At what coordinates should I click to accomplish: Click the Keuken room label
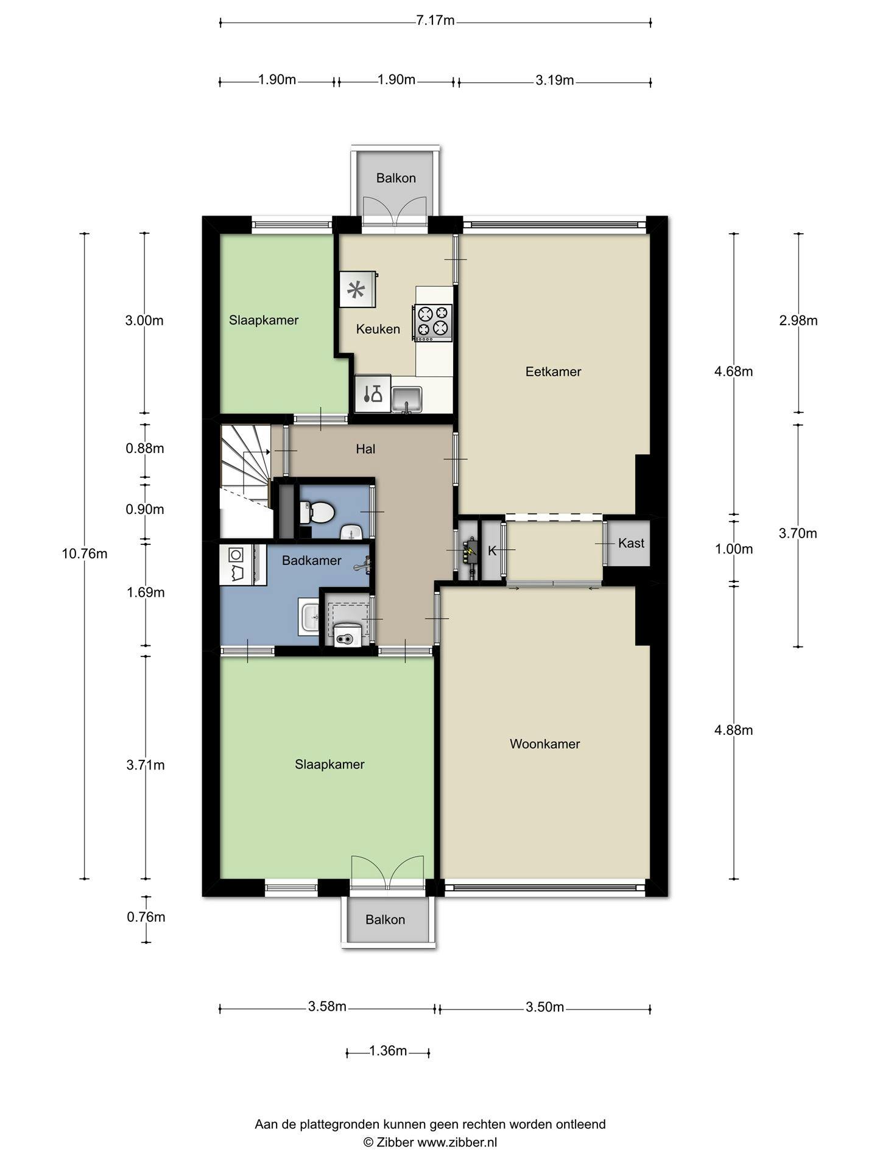(378, 329)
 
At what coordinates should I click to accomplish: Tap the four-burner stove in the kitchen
(433, 322)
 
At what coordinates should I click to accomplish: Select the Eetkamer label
(553, 371)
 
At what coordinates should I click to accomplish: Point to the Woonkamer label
(544, 743)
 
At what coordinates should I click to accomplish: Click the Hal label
(365, 449)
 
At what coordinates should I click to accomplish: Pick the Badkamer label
(311, 560)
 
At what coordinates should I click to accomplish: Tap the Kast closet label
(631, 542)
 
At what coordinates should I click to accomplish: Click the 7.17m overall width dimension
(435, 20)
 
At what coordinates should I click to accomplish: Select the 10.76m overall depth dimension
(85, 553)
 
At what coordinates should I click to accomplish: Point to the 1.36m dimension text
(388, 1051)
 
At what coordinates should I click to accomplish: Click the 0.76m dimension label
(146, 917)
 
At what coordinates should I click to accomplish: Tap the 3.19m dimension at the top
(555, 80)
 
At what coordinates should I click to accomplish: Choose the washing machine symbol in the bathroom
(236, 564)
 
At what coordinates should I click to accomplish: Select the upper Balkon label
(396, 178)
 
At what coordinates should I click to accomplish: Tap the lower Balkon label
(385, 919)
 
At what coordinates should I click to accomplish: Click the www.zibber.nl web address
(457, 1142)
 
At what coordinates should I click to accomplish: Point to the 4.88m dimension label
(733, 730)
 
